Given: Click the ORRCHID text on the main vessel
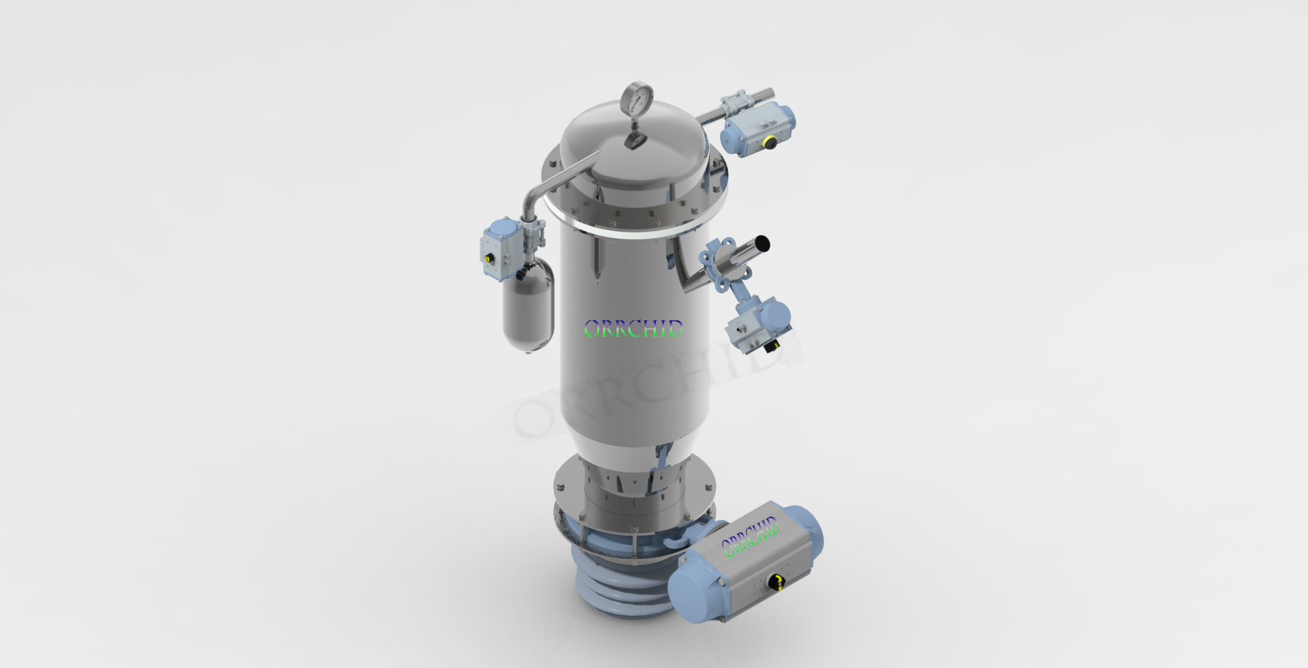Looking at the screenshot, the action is (634, 329).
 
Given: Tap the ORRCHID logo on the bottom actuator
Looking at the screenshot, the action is (750, 536).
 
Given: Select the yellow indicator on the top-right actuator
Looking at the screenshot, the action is (770, 142).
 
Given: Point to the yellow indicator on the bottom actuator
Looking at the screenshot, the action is (775, 580).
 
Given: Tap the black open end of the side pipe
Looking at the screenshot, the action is (763, 243).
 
